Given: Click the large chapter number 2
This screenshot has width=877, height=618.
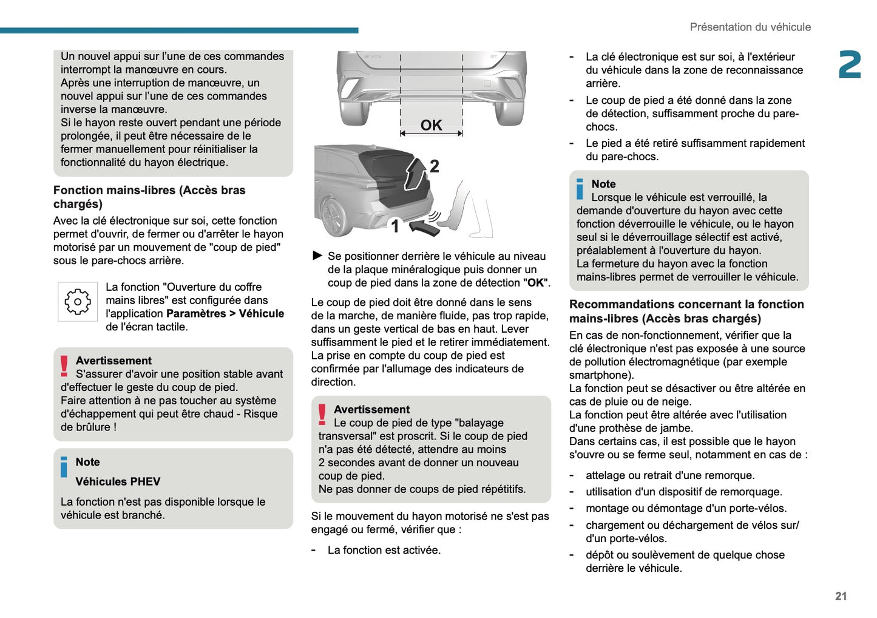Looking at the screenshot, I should coord(849,65).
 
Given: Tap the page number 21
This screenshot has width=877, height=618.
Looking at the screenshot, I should coord(841,596).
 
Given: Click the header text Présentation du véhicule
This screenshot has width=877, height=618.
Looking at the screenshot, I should coord(750,27).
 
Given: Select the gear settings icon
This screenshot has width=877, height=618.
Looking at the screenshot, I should coord(78,302).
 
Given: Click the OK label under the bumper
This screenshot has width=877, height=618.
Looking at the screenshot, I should coord(431,125).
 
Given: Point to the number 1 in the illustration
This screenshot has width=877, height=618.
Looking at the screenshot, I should coord(395,226).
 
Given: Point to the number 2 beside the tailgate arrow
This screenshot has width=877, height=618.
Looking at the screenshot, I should coord(434,166).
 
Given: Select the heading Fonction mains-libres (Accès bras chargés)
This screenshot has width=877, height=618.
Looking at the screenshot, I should coord(149,197).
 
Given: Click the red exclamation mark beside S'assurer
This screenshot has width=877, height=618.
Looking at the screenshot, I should coord(64,367).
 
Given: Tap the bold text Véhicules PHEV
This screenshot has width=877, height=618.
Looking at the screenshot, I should coord(118,481).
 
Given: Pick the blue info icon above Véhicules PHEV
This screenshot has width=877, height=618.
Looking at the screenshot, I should coord(64,467).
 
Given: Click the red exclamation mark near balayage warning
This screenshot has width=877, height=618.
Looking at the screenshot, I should coord(322,415).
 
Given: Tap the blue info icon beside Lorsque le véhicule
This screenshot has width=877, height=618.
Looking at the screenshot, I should coord(580,189).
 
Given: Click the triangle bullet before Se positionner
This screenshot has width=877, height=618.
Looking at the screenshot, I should coord(317,256).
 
